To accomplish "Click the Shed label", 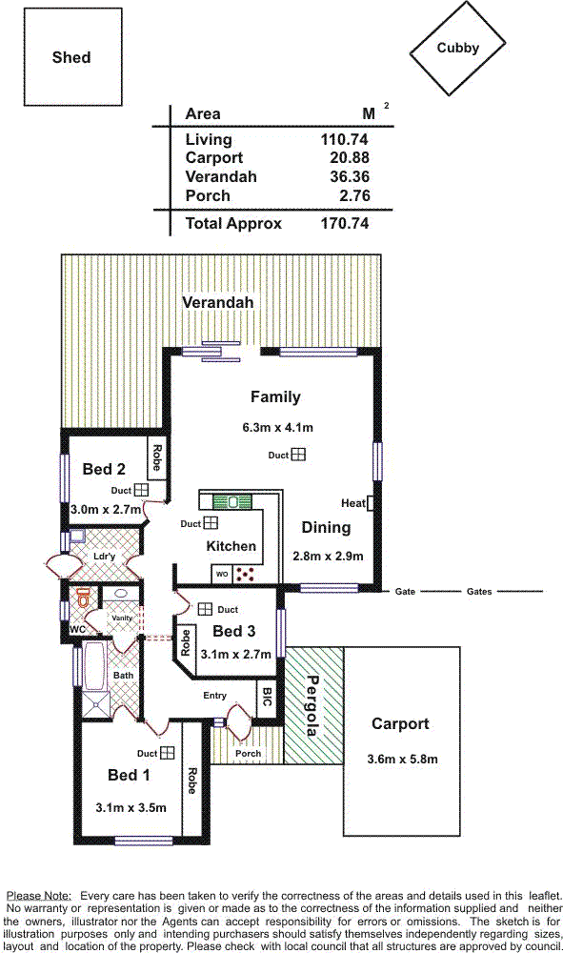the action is (71, 57).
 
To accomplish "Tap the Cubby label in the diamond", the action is (458, 48).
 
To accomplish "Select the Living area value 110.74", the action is (344, 139).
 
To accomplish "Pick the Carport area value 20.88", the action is (350, 157).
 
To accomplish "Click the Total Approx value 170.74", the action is (344, 223).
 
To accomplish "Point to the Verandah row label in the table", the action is (221, 177).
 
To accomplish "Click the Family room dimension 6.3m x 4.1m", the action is (277, 427).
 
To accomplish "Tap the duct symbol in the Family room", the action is (297, 454).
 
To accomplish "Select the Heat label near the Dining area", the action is (352, 502).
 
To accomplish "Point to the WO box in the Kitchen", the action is (222, 574).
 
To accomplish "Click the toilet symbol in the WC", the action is (84, 598).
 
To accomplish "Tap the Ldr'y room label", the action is (105, 556).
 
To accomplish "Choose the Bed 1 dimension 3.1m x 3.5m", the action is (131, 808).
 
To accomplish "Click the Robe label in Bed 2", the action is (157, 457).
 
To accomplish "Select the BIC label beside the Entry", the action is (267, 697).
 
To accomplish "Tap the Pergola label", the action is (312, 705).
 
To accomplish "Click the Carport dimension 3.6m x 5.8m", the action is (402, 760).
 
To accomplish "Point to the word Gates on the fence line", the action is (479, 592).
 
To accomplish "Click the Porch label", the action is (248, 753).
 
